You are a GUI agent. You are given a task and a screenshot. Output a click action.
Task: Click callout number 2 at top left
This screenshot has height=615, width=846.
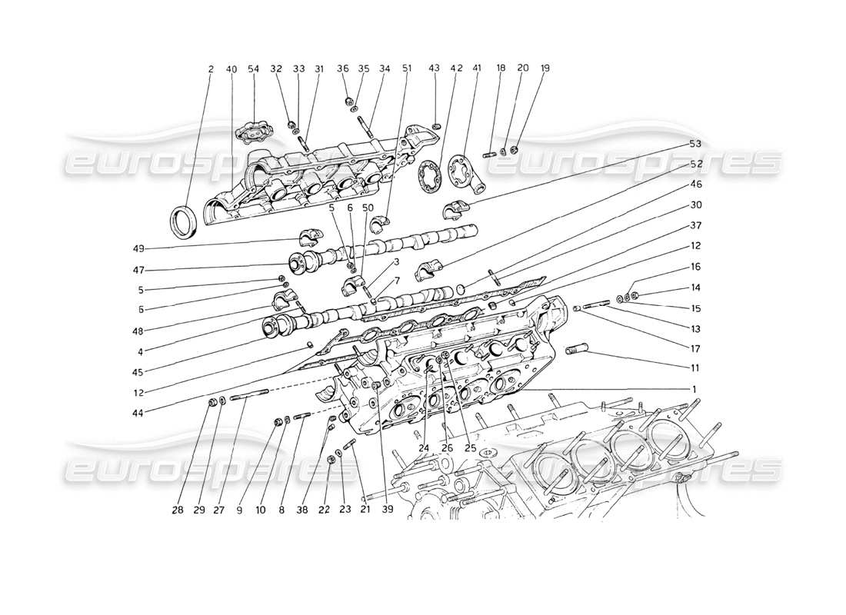[211, 68]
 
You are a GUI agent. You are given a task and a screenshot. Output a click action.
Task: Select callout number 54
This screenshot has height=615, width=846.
[254, 68]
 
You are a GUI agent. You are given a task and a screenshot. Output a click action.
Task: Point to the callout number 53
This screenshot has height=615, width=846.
[695, 144]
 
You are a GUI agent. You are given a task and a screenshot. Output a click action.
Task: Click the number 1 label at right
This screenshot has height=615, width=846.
[694, 390]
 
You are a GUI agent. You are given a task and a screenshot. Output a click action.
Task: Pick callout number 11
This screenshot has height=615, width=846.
[695, 368]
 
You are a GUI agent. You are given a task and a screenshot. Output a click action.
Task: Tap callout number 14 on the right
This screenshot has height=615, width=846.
[695, 288]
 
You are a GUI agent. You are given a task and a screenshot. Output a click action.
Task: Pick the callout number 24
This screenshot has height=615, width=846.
[424, 448]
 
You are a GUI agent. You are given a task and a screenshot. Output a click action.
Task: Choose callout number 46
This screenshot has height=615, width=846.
[695, 184]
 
